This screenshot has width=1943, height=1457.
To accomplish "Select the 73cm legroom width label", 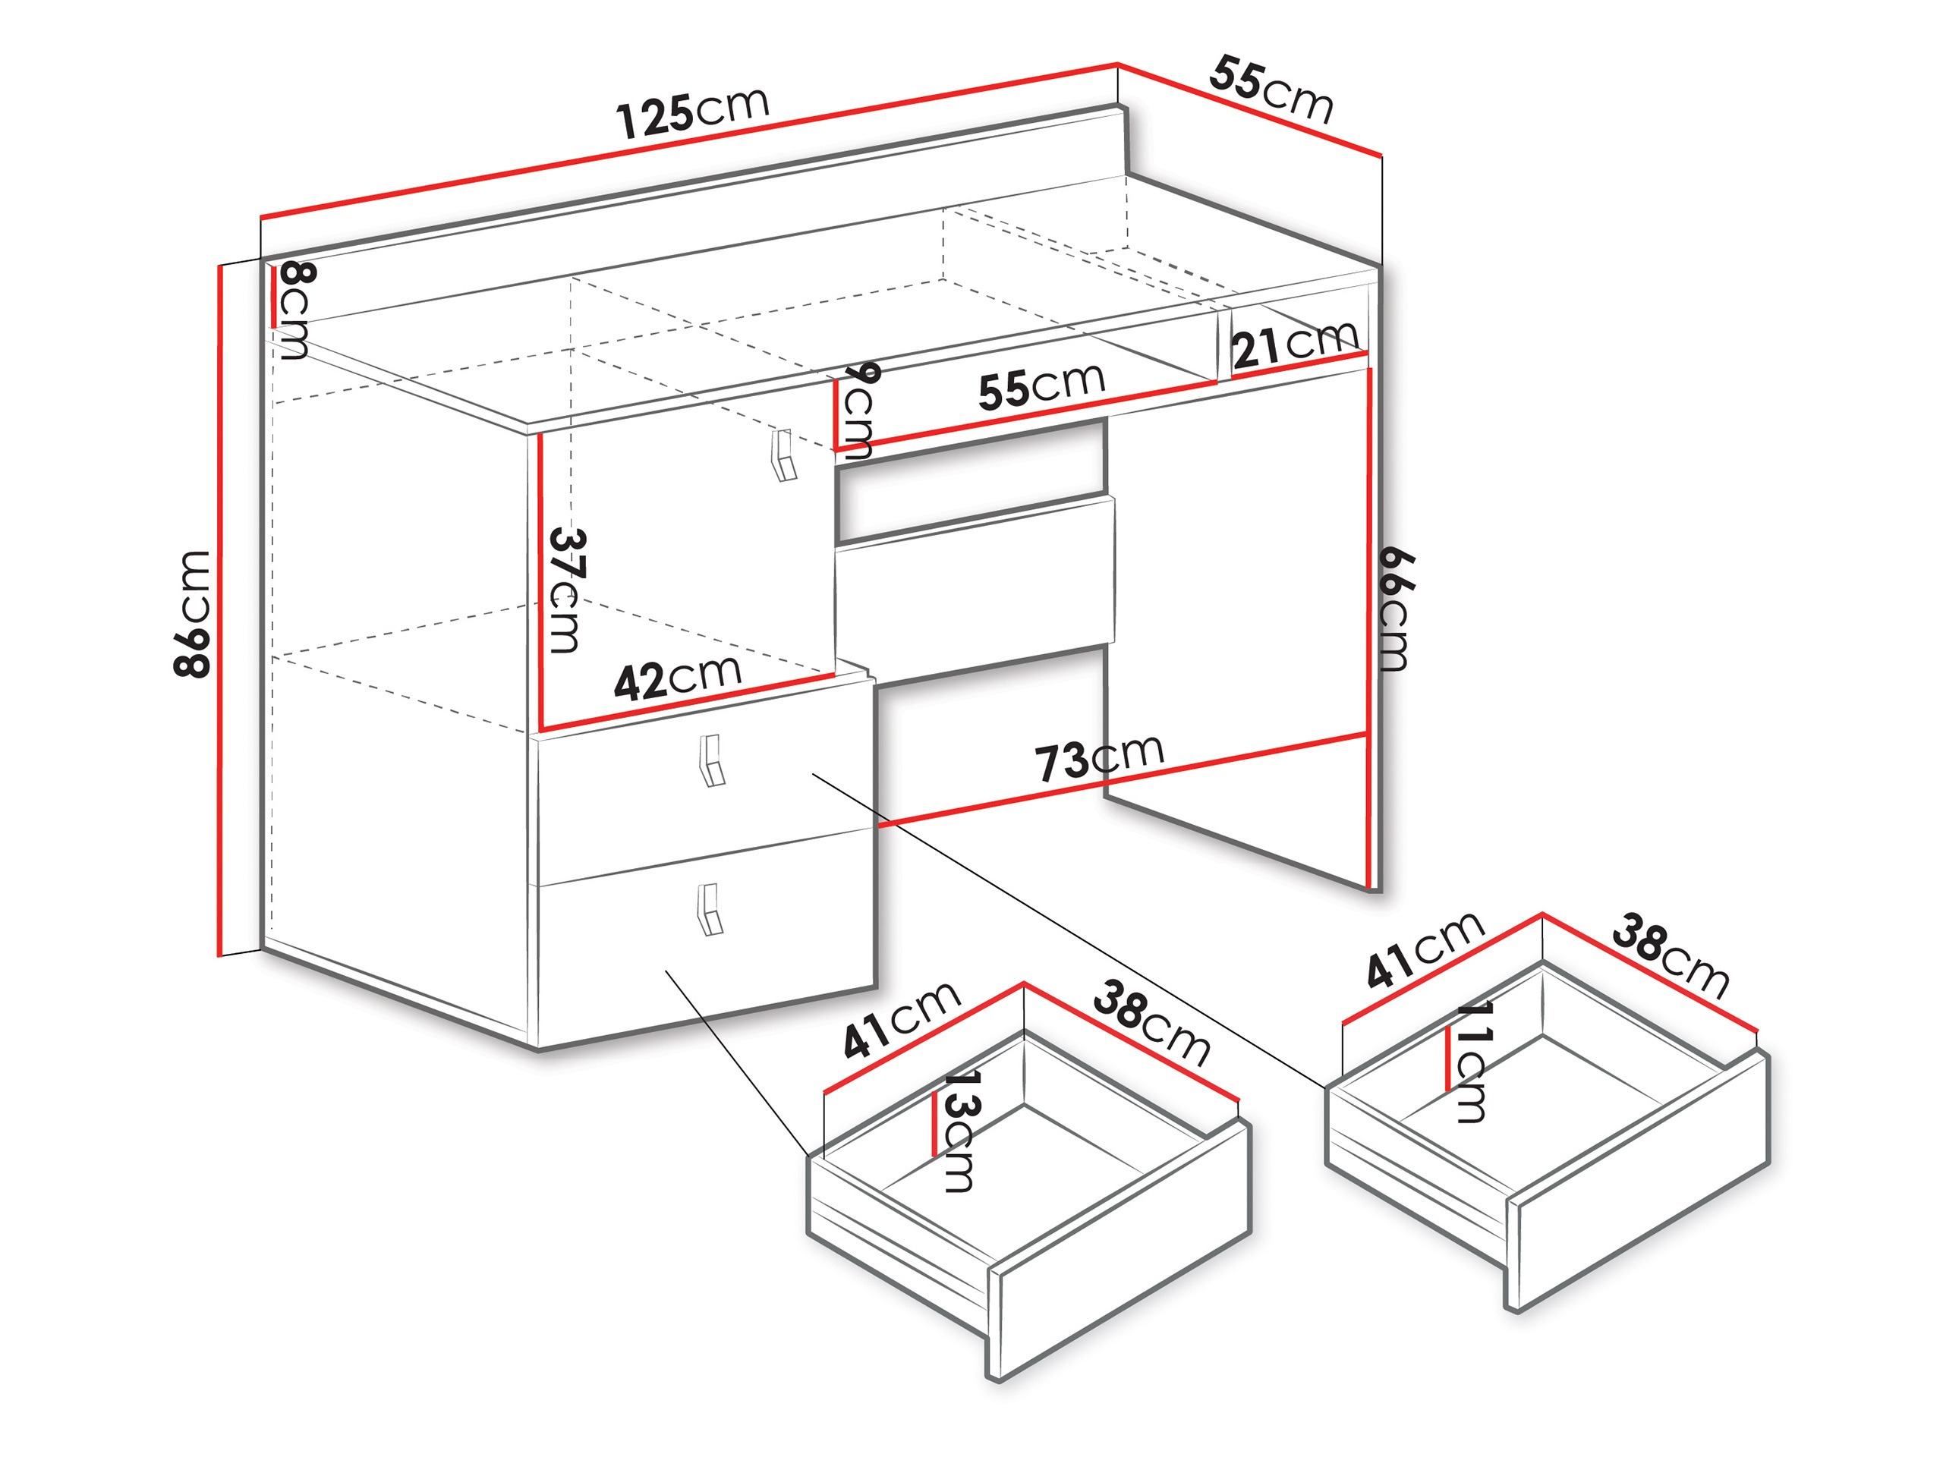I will click(1099, 758).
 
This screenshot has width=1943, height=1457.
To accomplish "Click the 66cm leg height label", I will click(1395, 608).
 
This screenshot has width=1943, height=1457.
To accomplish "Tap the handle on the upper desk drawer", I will click(711, 760).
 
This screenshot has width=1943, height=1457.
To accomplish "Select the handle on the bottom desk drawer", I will click(710, 909).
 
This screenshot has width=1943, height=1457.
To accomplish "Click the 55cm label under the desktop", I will click(1042, 386).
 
